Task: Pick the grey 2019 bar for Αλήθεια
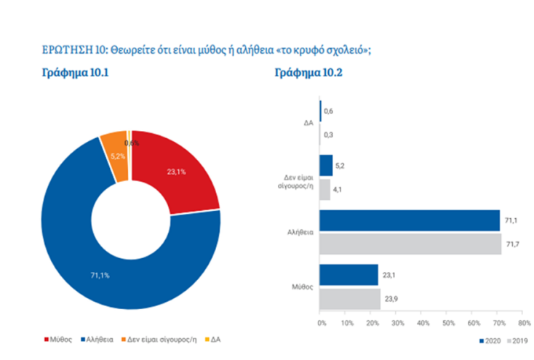point(410,244)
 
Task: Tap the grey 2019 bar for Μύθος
point(350,298)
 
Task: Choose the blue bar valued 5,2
point(326,165)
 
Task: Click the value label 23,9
point(391,298)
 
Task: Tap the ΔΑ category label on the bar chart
point(308,123)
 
